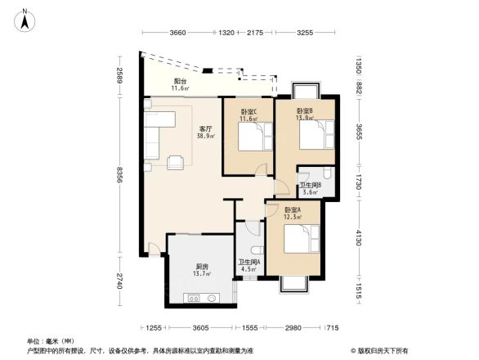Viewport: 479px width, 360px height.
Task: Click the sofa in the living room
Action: tap(155, 134)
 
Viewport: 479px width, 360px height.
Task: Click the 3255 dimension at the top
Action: tap(304, 33)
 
